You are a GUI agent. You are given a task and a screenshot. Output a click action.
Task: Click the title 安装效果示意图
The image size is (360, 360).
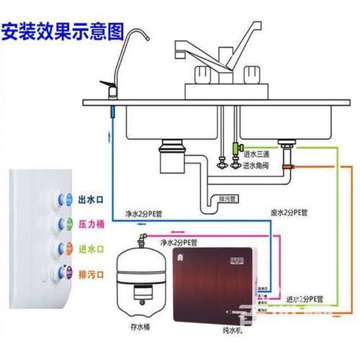tap(63, 32)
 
